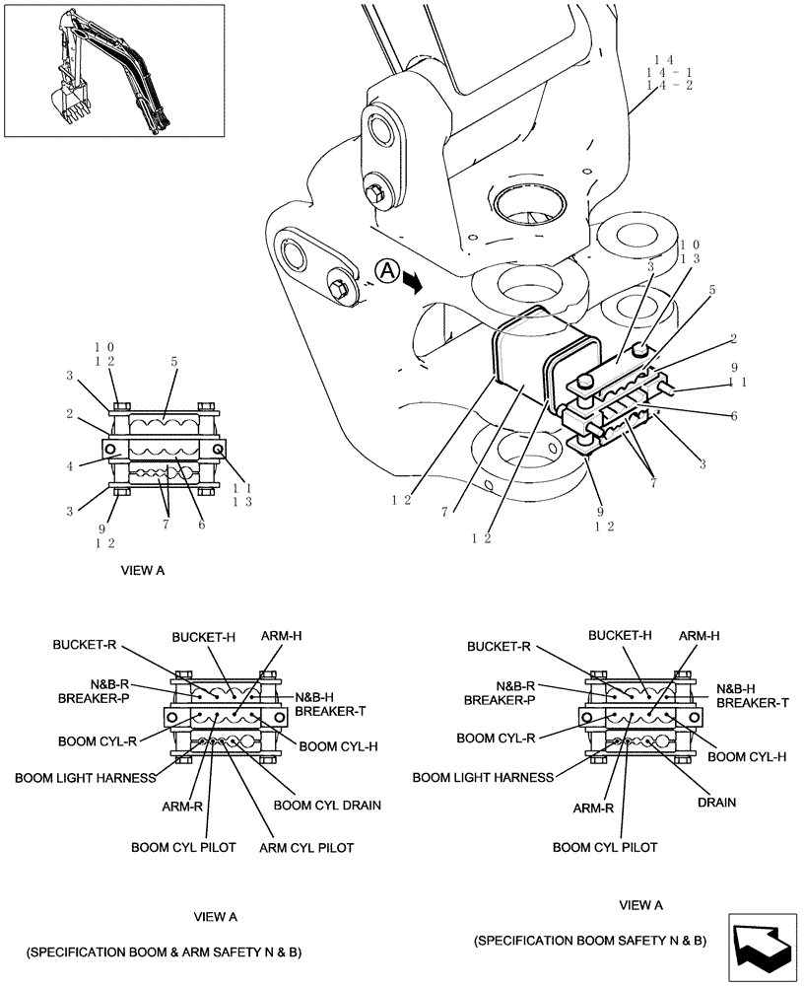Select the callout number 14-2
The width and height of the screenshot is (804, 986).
pyautogui.click(x=668, y=87)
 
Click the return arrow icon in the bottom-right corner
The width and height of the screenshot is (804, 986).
pyautogui.click(x=764, y=947)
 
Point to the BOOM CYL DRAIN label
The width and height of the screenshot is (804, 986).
pyautogui.click(x=327, y=805)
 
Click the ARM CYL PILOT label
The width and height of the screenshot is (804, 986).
pyautogui.click(x=305, y=847)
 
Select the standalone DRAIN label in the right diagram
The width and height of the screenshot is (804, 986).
pyautogui.click(x=716, y=803)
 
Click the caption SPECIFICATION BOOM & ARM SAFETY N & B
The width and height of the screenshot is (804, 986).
pyautogui.click(x=164, y=952)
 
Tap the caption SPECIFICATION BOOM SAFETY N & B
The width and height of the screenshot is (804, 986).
pyautogui.click(x=590, y=941)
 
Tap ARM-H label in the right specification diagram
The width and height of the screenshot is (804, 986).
pyautogui.click(x=699, y=637)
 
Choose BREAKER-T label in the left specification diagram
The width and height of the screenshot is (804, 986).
pyautogui.click(x=331, y=711)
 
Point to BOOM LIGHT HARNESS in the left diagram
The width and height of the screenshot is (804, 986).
pyautogui.click(x=85, y=777)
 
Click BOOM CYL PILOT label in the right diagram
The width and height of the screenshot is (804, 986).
pyautogui.click(x=605, y=847)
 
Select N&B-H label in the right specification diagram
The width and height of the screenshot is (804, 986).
pyautogui.click(x=735, y=688)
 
